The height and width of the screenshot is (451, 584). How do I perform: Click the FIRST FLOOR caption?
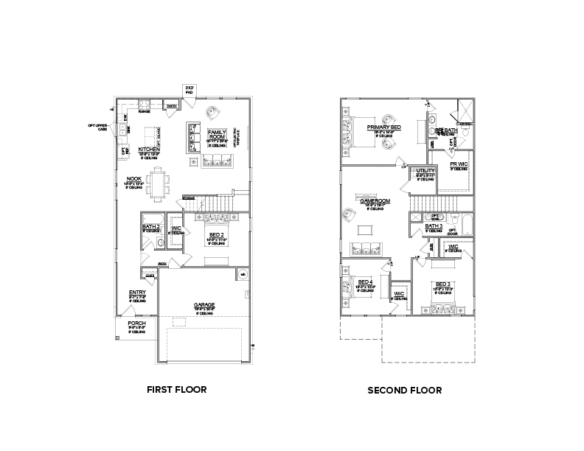176,389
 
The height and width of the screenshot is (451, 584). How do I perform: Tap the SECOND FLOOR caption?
405,390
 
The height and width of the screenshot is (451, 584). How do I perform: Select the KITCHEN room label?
150,150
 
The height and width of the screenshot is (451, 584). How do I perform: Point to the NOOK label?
133,178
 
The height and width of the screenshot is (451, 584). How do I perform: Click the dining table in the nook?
158,182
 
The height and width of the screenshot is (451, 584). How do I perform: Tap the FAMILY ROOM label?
217,135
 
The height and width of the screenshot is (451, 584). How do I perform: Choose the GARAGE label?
204,304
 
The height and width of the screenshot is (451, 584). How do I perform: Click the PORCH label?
136,324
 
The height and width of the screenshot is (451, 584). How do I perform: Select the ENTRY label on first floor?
137,293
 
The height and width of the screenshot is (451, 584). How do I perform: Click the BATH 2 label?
151,225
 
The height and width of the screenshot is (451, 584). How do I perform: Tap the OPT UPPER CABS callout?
97,126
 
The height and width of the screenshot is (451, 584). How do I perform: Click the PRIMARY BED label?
383,127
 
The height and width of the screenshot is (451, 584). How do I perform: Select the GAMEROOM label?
375,200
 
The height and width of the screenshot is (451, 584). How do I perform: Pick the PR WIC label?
459,164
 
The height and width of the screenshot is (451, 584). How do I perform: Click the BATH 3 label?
434,226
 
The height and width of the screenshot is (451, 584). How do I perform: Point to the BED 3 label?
442,284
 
